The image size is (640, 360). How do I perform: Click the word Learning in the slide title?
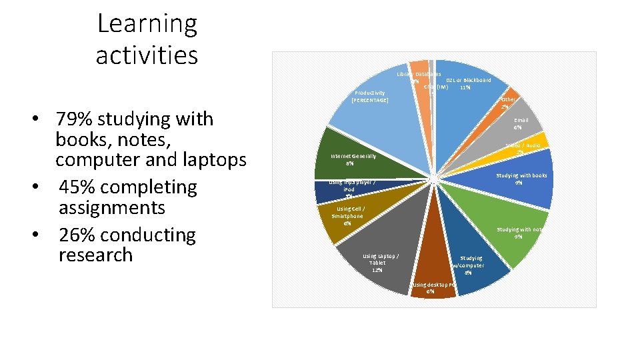(147, 25)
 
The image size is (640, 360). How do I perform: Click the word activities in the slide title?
(147, 55)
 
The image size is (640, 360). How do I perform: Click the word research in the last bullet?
(95, 255)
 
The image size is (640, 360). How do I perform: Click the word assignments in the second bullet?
(111, 208)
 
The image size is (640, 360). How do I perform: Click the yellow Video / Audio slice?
(539, 141)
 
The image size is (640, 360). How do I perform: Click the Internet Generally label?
(353, 159)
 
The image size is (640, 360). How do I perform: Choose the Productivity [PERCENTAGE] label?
(369, 96)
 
